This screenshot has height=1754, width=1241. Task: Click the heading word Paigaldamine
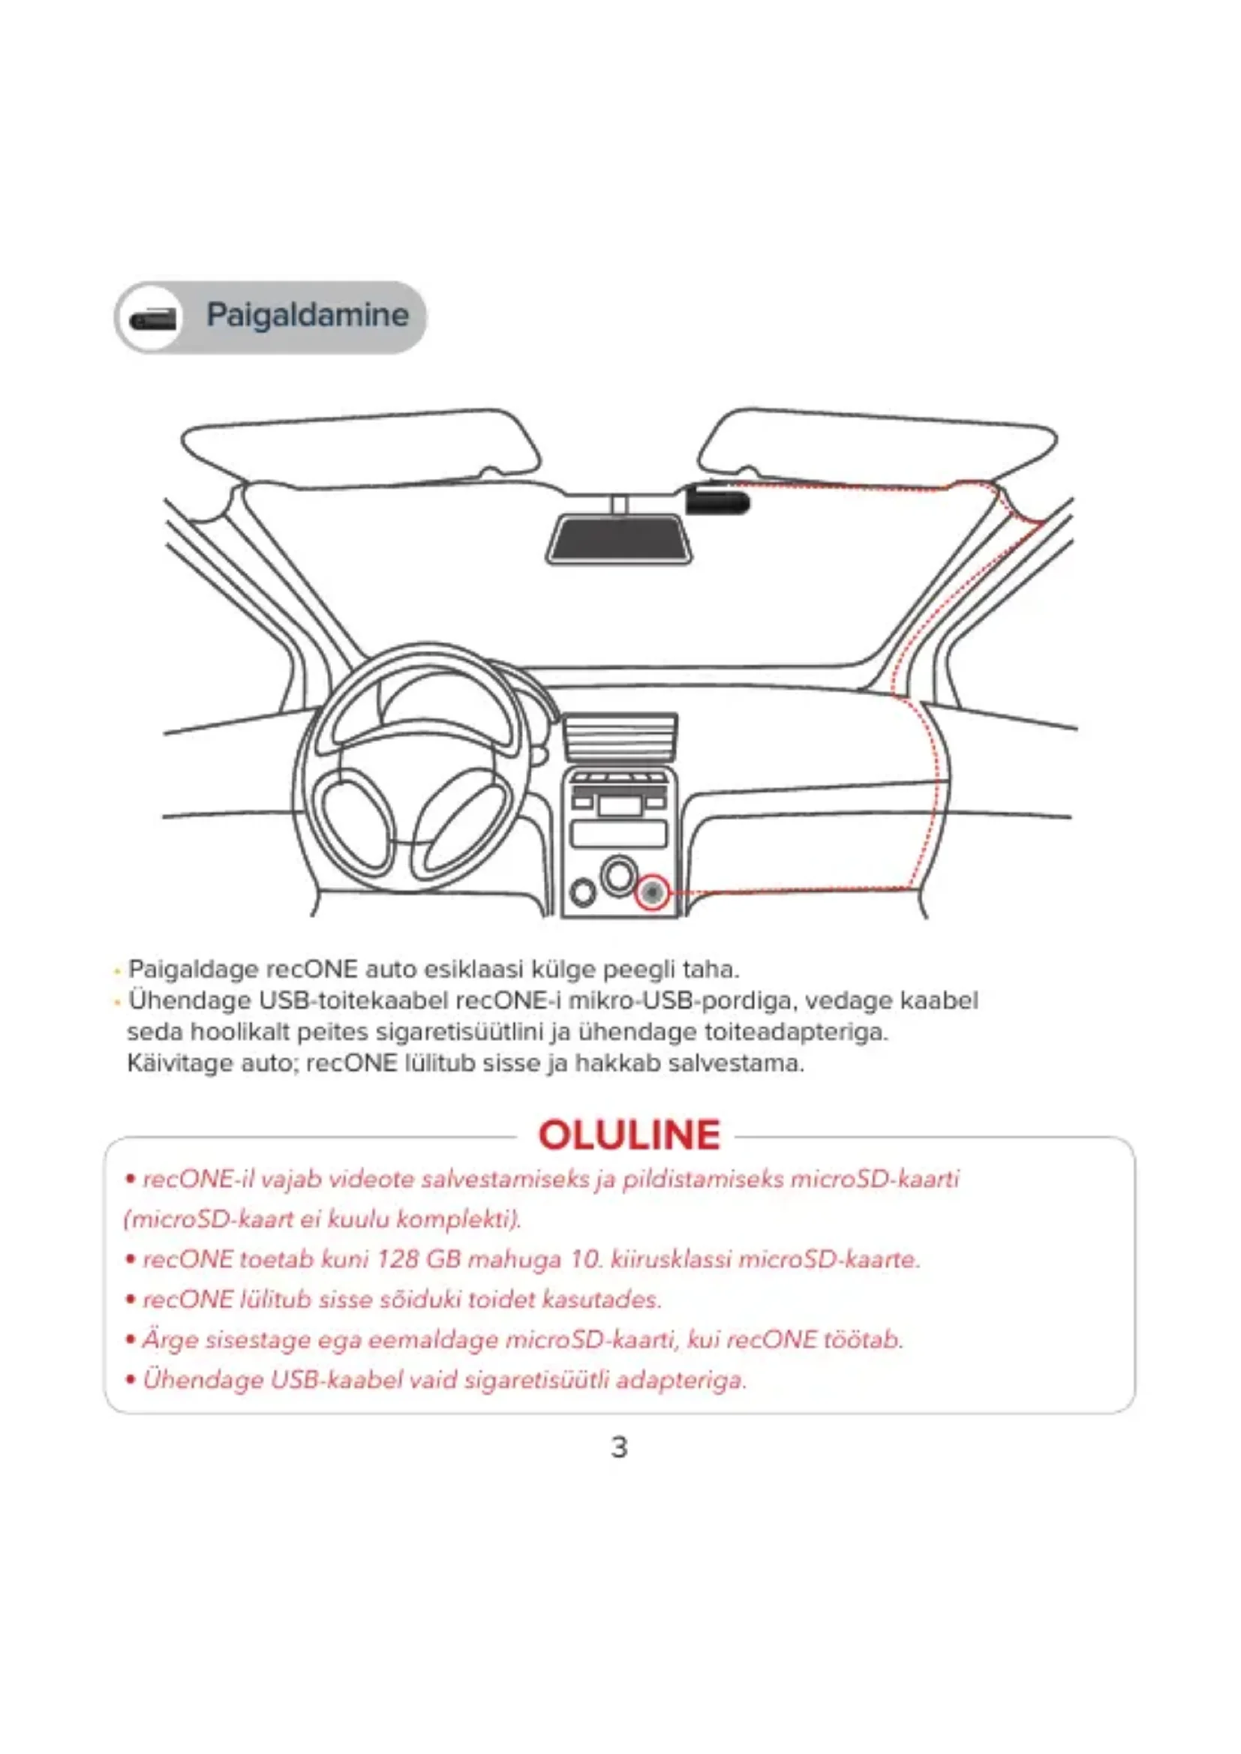click(x=307, y=315)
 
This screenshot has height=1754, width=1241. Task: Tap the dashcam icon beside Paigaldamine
click(x=153, y=318)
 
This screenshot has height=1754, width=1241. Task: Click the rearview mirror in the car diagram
click(x=619, y=538)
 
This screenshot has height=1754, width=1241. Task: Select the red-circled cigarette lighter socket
click(x=652, y=892)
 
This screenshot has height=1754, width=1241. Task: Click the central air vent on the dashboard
click(x=620, y=738)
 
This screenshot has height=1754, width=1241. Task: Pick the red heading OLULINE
click(x=629, y=1135)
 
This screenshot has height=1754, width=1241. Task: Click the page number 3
click(x=620, y=1447)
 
